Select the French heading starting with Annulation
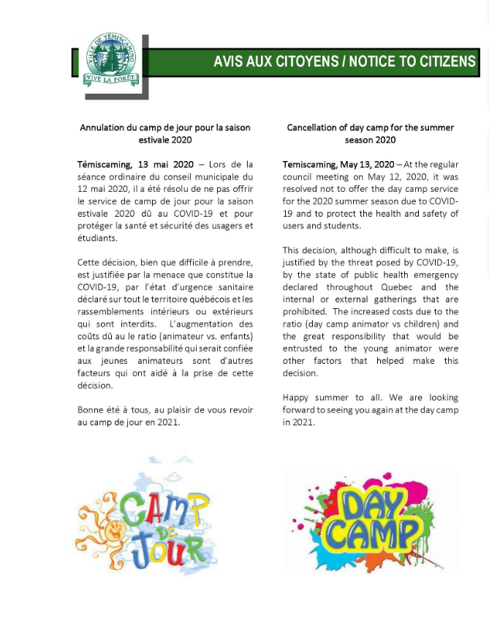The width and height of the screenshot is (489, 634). point(165,133)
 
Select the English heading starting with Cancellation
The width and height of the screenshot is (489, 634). point(370,133)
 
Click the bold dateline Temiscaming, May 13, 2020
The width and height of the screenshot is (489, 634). point(338,165)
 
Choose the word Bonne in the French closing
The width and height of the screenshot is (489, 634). point(91,410)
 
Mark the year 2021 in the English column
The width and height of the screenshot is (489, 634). point(303,422)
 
